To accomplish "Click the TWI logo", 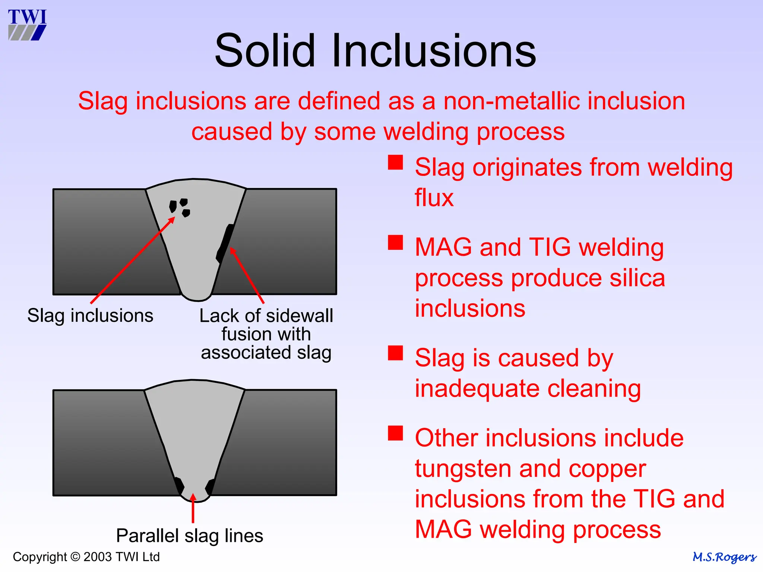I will pyautogui.click(x=27, y=25).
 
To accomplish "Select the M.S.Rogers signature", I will pyautogui.click(x=724, y=557).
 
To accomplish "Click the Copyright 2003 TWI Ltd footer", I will pyautogui.click(x=86, y=557).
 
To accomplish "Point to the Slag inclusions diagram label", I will pyautogui.click(x=90, y=315).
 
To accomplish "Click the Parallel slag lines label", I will pyautogui.click(x=189, y=536).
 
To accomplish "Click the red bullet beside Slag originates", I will pyautogui.click(x=395, y=162).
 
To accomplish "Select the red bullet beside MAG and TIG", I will pyautogui.click(x=395, y=242).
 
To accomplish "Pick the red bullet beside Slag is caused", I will pyautogui.click(x=395, y=353).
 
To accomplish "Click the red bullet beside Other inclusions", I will pyautogui.click(x=395, y=433).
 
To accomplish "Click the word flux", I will pyautogui.click(x=434, y=197).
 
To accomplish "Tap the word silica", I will pyautogui.click(x=637, y=278).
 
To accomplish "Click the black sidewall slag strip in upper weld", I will pyautogui.click(x=225, y=243).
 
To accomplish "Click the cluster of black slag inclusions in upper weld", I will pyautogui.click(x=180, y=207).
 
